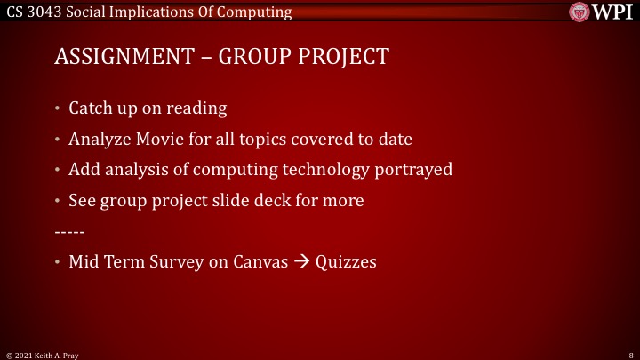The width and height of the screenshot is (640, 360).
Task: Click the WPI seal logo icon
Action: (580, 12)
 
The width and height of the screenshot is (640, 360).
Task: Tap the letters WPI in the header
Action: (612, 12)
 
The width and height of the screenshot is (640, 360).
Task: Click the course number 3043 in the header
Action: (44, 12)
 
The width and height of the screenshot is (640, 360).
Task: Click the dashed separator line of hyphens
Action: (69, 231)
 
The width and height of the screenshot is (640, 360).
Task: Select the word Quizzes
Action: (345, 263)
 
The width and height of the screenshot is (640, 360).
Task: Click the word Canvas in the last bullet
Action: (261, 262)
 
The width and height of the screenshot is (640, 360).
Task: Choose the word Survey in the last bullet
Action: (178, 262)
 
